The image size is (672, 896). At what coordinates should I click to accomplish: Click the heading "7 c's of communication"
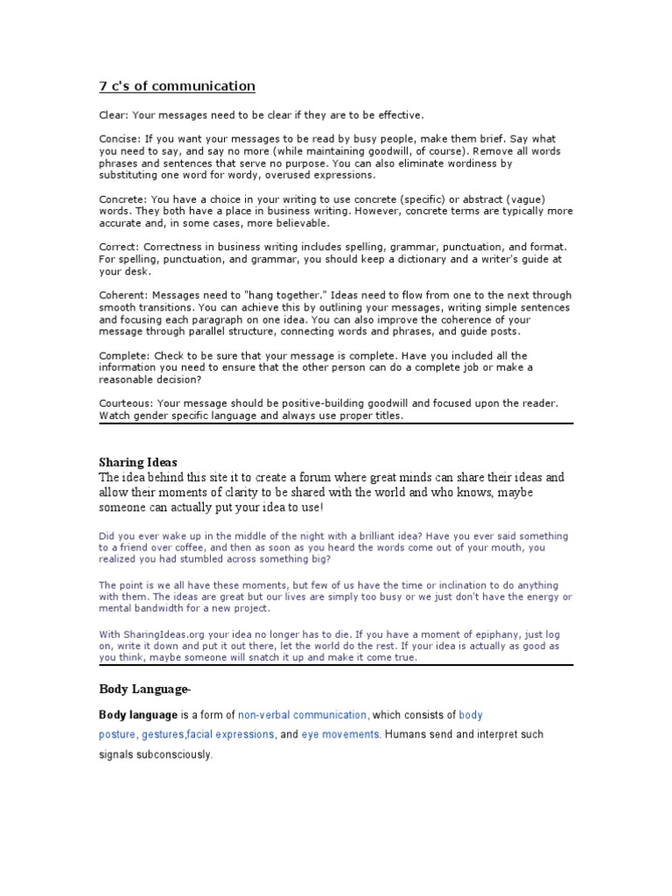coord(177,86)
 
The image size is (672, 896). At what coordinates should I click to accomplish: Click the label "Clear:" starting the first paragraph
coord(111,115)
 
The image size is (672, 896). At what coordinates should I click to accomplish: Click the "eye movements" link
coord(341,735)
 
